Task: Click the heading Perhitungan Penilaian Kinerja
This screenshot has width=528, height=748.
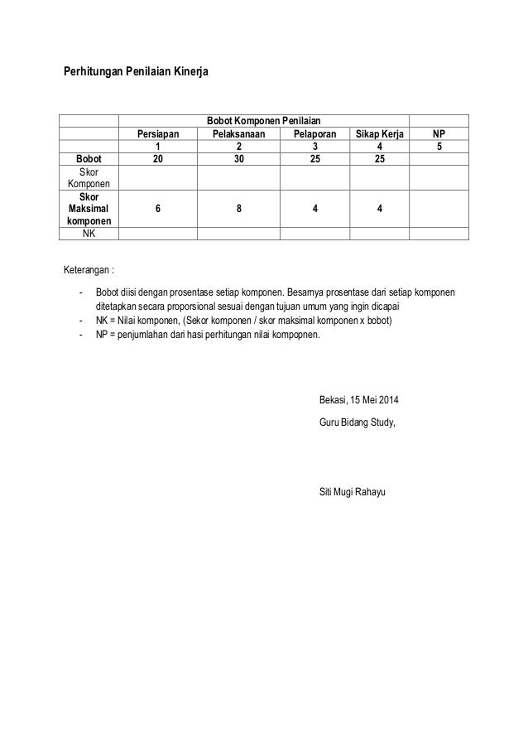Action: point(137,73)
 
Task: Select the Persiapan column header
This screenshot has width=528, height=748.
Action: point(157,134)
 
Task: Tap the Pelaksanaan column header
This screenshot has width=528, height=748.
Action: point(238,134)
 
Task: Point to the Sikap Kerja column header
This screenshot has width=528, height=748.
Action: point(379,134)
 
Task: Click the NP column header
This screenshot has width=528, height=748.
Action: point(439,134)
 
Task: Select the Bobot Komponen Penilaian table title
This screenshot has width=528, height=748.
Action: point(263,121)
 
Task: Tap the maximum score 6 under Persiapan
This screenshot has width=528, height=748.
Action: point(157,210)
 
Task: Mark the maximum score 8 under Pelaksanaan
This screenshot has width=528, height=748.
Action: point(238,210)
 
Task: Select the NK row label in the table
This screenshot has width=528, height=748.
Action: point(88,234)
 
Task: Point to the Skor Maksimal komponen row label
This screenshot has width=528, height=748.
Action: point(88,210)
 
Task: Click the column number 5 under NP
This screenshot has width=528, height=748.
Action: point(439,146)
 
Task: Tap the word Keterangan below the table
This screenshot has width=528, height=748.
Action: point(90,269)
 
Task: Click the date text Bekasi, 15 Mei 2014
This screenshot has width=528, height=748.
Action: point(358,403)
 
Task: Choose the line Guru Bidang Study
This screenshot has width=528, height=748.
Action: point(357,422)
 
